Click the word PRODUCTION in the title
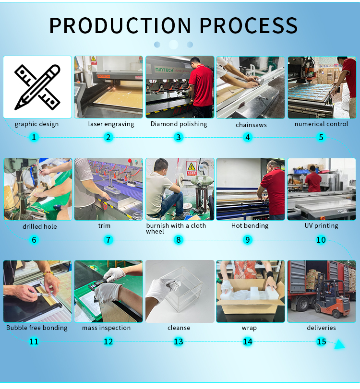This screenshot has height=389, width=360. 120,25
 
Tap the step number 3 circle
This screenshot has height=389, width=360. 178,137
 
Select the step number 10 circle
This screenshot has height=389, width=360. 321,240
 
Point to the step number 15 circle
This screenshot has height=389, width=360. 321,342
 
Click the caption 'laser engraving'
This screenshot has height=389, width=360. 111,124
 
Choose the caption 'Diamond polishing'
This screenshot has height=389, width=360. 179,124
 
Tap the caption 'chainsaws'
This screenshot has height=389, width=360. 251,125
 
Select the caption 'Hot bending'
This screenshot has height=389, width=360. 250,226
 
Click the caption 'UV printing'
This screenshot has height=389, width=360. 321,226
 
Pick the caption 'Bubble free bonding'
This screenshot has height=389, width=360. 37,328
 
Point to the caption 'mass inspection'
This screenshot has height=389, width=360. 106,328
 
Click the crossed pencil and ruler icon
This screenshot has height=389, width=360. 37,87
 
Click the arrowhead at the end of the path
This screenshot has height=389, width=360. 339,344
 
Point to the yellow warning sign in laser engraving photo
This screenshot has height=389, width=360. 93,59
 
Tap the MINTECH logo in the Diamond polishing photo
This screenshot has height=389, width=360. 164,70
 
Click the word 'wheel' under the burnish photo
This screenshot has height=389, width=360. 155,232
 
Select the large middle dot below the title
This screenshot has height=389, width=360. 173,45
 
